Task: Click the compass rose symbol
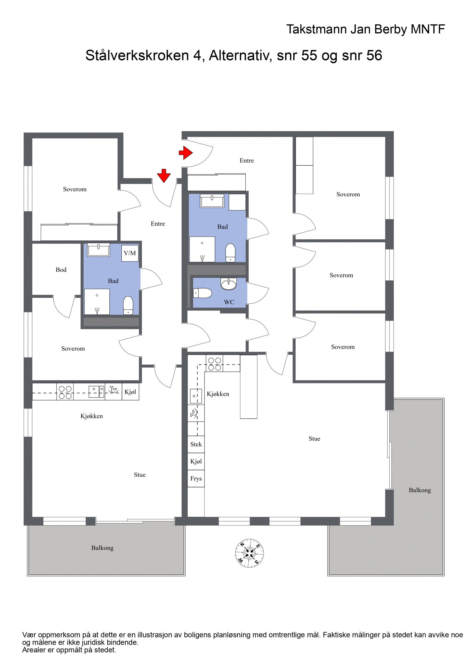[249, 553]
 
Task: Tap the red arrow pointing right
[185, 152]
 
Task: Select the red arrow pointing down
[164, 176]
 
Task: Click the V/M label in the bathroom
[130, 253]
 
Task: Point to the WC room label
[229, 302]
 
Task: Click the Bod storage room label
[61, 270]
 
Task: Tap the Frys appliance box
[196, 479]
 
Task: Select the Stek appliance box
[196, 444]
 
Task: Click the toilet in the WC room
[202, 293]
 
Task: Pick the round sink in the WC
[228, 284]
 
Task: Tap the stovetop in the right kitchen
[214, 364]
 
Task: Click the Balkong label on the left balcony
[102, 548]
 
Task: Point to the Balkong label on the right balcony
[419, 490]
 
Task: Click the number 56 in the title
[374, 55]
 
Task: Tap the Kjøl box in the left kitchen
[130, 392]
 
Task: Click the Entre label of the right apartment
[247, 160]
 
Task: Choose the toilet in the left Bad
[128, 305]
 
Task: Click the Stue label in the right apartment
[314, 439]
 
